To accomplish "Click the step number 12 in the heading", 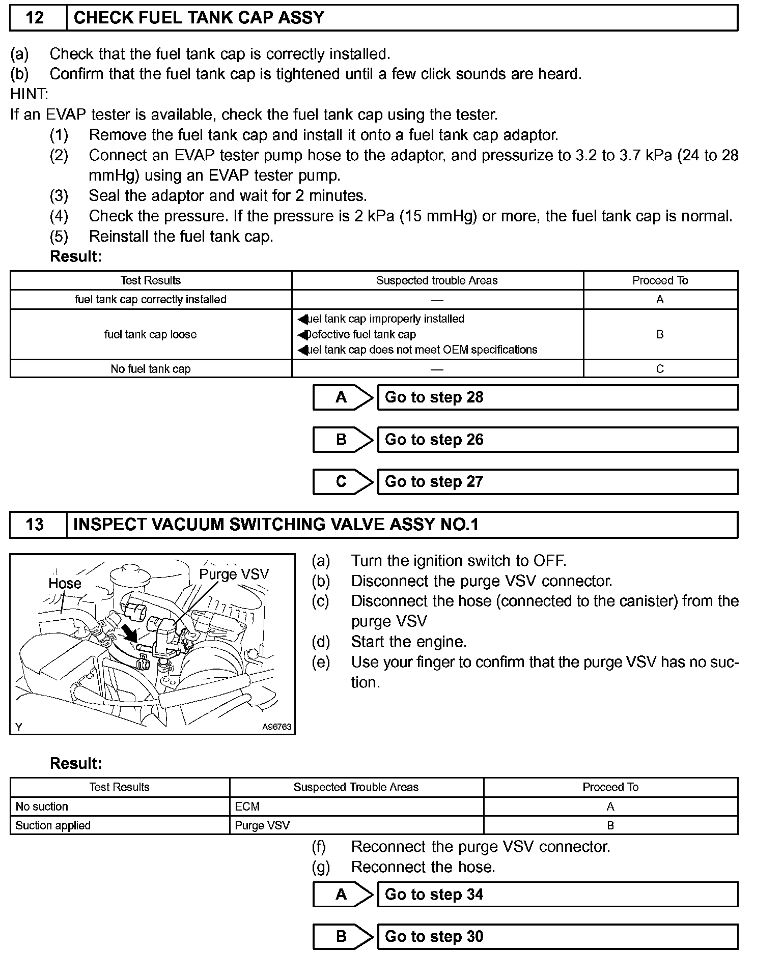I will (35, 18).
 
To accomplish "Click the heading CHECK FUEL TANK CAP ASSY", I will (199, 18).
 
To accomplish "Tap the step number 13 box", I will (35, 525).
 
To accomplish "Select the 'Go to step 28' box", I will (557, 397).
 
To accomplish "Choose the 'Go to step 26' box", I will (557, 440).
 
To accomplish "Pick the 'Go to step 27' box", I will (557, 482).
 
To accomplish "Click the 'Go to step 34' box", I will (557, 895).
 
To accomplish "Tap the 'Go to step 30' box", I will (557, 937).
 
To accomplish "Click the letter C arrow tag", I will (342, 482).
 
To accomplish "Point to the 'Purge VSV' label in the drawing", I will (234, 574).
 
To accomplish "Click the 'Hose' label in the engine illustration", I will (65, 583).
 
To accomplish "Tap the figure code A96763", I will (276, 727).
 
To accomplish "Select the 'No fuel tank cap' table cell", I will (151, 369).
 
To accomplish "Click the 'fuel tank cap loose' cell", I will (151, 334).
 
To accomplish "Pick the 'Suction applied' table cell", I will (53, 826).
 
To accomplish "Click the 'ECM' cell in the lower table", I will (247, 806).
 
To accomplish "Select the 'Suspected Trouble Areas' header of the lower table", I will (356, 787).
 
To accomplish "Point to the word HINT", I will (29, 94).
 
